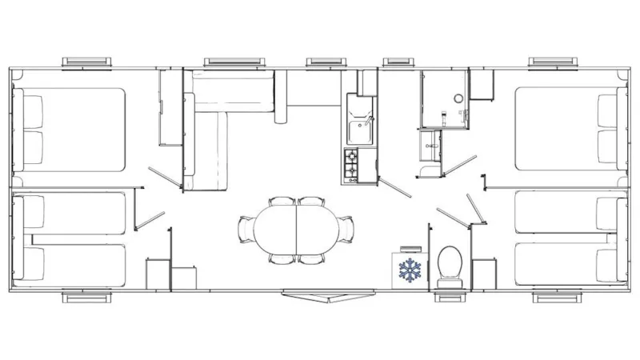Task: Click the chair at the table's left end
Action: [246, 227]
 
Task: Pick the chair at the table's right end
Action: [346, 227]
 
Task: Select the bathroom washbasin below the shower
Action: [430, 145]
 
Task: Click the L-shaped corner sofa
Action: [220, 120]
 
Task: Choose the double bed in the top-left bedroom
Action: [72, 129]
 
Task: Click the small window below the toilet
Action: [445, 298]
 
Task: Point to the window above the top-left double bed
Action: [88, 62]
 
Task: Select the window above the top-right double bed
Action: [552, 62]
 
